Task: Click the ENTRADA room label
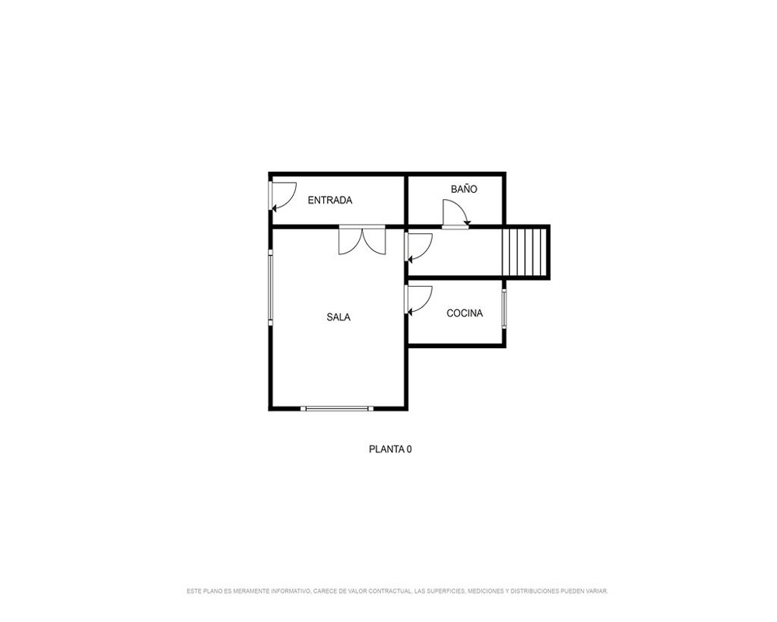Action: pos(330,201)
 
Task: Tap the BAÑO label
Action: pos(465,189)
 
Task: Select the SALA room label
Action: pos(339,317)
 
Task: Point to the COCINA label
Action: pos(465,313)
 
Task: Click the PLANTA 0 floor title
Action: pos(391,449)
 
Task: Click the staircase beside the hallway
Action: pos(524,253)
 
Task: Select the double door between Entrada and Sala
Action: pos(362,240)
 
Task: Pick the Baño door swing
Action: pos(456,214)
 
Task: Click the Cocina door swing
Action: pos(419,299)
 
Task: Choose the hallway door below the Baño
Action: pos(419,247)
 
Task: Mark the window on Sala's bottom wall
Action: pos(337,409)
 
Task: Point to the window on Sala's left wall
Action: pos(270,288)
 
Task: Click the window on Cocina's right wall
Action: pos(504,309)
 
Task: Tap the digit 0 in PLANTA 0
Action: pos(409,449)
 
